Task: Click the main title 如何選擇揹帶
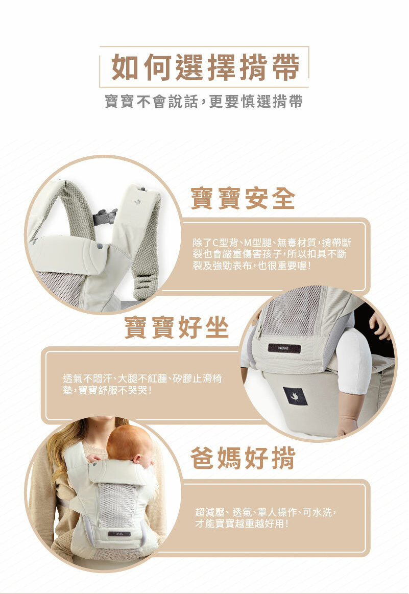click(205, 67)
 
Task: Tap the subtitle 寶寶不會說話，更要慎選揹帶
click(204, 102)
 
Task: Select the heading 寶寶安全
click(243, 198)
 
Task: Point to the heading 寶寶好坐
click(177, 327)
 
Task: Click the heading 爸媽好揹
click(243, 458)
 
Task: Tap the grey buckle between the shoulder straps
click(105, 217)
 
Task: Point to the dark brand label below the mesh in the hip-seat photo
click(284, 348)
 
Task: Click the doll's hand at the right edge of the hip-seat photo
click(379, 325)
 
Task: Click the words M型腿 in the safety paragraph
click(258, 243)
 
